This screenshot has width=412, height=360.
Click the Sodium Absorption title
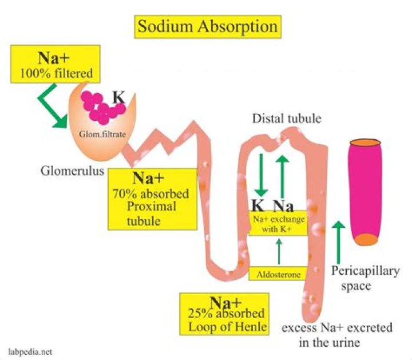[x=208, y=27]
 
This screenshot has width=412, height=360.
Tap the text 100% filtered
[x=56, y=73]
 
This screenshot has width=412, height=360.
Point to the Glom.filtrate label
[x=102, y=134]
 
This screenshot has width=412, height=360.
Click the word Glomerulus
[x=72, y=171]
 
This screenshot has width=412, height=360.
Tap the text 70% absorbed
[x=151, y=194]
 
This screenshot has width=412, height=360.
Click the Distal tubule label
[x=287, y=118]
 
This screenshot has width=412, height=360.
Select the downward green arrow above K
[x=261, y=175]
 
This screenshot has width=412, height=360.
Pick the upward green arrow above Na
[x=283, y=176]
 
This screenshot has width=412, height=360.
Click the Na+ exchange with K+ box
[x=278, y=223]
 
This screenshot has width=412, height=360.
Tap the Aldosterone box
[x=278, y=274]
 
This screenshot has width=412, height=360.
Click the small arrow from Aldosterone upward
[x=279, y=251]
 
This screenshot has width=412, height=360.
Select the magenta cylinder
[x=365, y=192]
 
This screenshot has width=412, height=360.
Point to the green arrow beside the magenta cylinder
[x=338, y=242]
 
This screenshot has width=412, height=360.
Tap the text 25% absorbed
[x=226, y=313]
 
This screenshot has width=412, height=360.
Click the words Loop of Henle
[x=228, y=327]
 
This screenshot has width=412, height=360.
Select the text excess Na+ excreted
[x=337, y=327]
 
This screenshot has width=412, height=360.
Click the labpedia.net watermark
[x=30, y=352]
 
